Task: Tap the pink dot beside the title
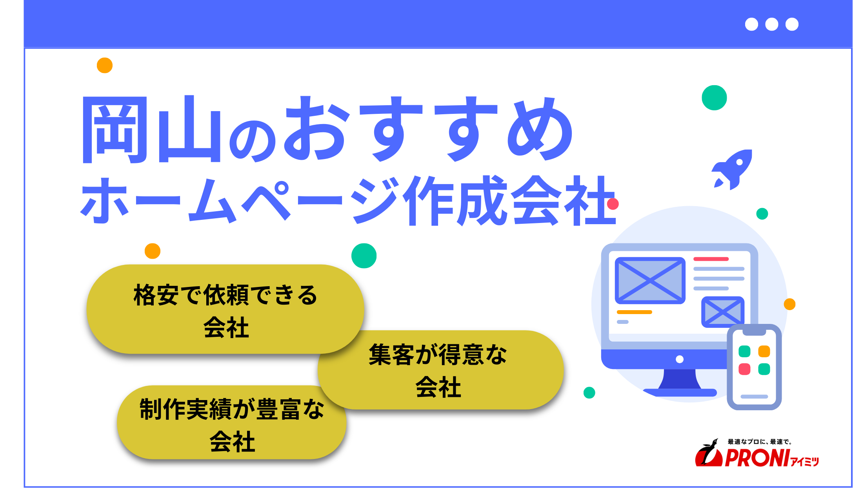coord(613,204)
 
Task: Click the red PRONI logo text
coord(757,458)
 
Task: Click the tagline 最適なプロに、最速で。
coord(759,442)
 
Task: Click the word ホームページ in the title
coord(239,200)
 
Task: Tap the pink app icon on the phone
coord(744,369)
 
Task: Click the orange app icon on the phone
coord(764,351)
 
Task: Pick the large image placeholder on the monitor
coord(650,280)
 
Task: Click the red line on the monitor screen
coord(711,259)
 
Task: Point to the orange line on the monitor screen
coord(634,312)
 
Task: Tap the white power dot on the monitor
coord(680,359)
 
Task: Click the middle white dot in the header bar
coord(771,24)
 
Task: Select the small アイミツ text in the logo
coord(805,462)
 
